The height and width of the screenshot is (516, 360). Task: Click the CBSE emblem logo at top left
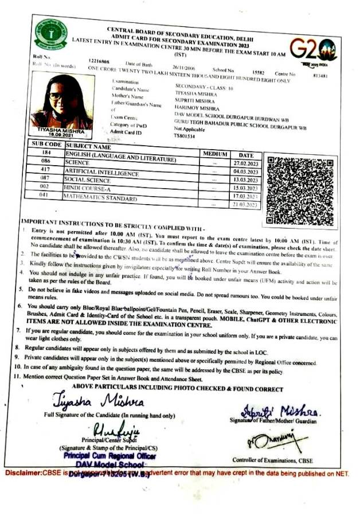(x=50, y=35)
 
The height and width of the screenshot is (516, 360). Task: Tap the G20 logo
(x=313, y=50)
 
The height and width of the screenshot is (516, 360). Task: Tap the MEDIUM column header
(x=214, y=154)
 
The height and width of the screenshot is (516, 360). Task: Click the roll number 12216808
(x=99, y=60)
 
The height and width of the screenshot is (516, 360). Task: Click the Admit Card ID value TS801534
(x=185, y=136)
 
